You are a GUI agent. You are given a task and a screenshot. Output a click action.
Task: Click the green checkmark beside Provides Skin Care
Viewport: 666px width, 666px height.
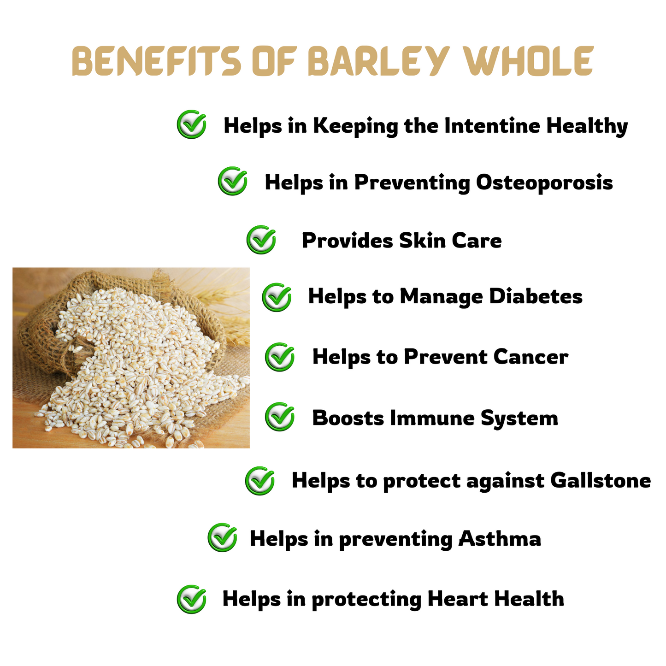261,240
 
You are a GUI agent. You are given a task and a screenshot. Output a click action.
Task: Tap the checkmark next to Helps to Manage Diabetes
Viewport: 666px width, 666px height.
277,297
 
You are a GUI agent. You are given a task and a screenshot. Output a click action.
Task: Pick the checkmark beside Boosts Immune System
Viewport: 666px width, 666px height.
280,417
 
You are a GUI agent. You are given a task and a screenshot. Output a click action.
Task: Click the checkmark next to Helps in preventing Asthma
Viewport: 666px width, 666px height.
222,537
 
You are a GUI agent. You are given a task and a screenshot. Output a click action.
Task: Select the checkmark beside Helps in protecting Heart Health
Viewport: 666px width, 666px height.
191,599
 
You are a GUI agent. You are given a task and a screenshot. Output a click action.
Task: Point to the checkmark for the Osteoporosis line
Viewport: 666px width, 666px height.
233,181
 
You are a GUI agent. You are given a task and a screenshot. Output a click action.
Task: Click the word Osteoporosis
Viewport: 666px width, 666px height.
544,182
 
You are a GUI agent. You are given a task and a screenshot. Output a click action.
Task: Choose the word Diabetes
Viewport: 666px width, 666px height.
536,296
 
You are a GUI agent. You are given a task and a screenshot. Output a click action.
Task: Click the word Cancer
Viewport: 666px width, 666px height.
531,357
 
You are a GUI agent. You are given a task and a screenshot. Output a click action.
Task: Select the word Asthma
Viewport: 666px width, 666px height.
500,538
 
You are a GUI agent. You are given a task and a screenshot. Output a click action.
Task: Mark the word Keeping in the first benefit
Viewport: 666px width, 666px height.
356,126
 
